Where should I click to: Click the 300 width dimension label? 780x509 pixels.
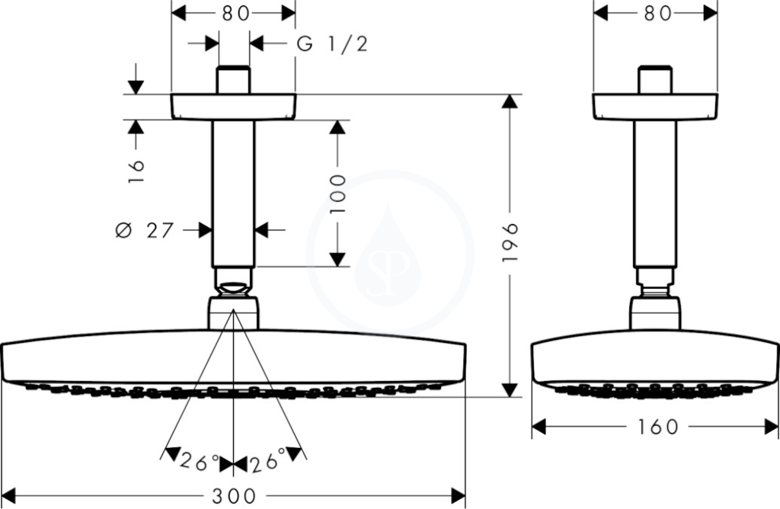pos(234,496)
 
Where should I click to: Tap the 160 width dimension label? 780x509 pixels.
pos(657,427)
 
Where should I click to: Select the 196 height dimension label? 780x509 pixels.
pos(510,243)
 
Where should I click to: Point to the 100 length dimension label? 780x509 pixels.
pos(338,194)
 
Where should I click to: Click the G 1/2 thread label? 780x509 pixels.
pos(332,43)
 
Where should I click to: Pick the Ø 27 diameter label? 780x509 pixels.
pos(144,230)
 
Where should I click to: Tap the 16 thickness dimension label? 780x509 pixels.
pos(136,171)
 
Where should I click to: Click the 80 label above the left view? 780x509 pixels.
pos(235,14)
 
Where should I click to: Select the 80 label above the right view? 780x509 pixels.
pos(657,14)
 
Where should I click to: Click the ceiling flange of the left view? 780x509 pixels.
pos(233,107)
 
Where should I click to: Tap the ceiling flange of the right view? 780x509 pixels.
pos(655,107)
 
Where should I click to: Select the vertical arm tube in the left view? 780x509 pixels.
pos(233,194)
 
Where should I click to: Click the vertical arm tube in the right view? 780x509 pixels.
pos(654,194)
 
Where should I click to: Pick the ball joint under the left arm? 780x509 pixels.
pos(233,289)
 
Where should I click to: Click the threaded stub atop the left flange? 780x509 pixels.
pos(233,79)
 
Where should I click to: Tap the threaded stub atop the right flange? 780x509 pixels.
pos(655,79)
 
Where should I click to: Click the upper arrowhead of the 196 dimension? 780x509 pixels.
pos(510,101)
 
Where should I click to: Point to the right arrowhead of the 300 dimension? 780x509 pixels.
pos(458,496)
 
